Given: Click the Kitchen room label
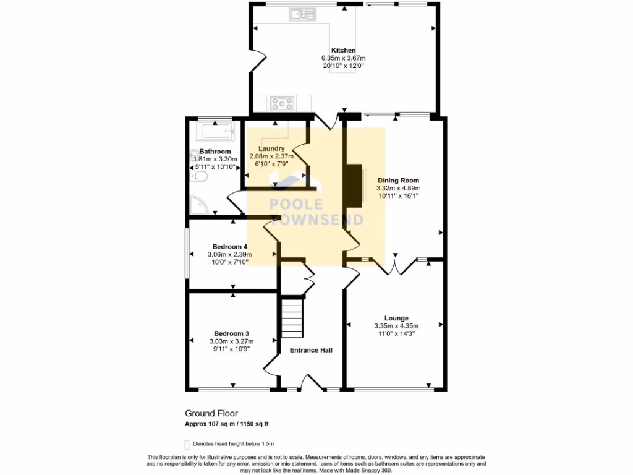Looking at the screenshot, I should [343, 50].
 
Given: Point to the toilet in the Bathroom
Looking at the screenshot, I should [199, 177].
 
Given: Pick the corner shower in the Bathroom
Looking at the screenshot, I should [199, 206].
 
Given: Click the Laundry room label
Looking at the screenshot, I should [271, 148].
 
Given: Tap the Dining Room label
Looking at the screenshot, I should [398, 181].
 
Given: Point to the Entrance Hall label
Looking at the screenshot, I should [311, 350].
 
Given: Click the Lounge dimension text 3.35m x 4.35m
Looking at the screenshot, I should [396, 326].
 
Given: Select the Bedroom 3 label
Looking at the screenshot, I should [231, 333].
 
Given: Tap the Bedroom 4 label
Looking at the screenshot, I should [229, 246].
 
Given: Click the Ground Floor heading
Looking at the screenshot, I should [211, 413].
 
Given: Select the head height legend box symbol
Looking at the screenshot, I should [187, 443].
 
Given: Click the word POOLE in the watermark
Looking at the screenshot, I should [295, 205].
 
